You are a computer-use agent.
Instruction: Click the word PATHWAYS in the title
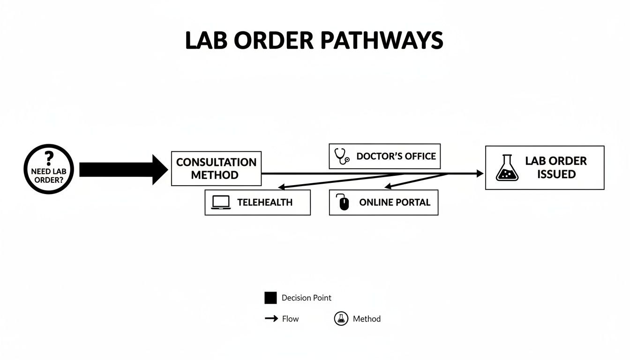pos(382,41)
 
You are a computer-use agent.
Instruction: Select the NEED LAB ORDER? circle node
pos(49,169)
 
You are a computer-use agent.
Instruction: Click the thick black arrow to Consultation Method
pos(123,169)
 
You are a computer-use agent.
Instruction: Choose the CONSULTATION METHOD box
pos(216,169)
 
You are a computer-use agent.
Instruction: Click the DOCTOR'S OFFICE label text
pos(396,156)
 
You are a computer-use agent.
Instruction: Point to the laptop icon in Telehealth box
pos(221,202)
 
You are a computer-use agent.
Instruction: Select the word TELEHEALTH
pos(265,202)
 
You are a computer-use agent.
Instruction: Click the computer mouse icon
pos(344,202)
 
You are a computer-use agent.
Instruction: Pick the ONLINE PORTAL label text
pos(395,202)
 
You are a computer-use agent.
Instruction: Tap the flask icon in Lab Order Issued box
pos(507,168)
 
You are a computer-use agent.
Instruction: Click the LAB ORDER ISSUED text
pos(556,167)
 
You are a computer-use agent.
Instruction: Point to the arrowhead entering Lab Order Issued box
pos(480,174)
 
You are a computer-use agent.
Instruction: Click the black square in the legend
pos(270,298)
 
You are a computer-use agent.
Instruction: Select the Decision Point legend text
pos(307,298)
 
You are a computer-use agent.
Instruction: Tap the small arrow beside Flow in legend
pos(271,319)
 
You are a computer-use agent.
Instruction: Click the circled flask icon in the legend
pos(341,319)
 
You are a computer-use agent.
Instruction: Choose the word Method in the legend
pos(367,319)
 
